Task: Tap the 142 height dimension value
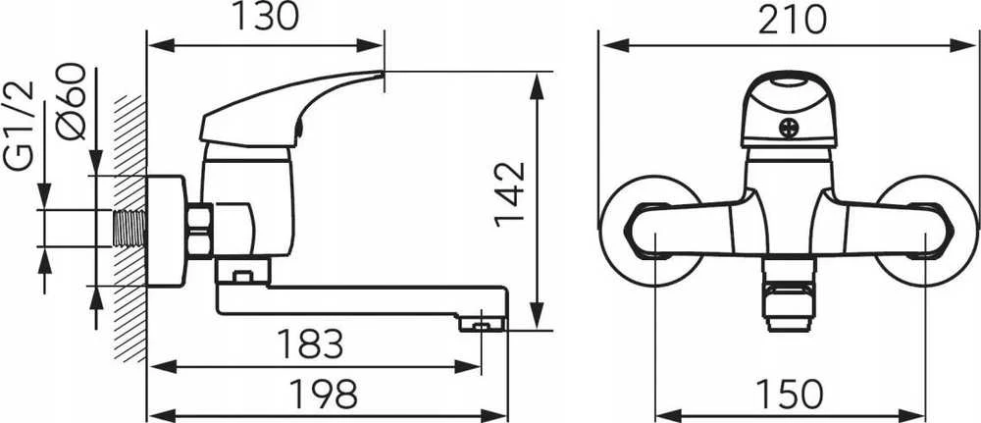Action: pyautogui.click(x=510, y=194)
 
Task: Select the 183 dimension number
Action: pyautogui.click(x=311, y=343)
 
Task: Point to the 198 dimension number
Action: pyautogui.click(x=324, y=394)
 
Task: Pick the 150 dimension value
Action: pyautogui.click(x=790, y=394)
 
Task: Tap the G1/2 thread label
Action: pyautogui.click(x=21, y=126)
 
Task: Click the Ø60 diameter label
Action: pyautogui.click(x=71, y=101)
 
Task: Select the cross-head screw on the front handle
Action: pyautogui.click(x=789, y=129)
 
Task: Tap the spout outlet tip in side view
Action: pyautogui.click(x=482, y=324)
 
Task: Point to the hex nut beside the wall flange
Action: pyautogui.click(x=199, y=231)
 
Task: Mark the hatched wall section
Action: pyautogui.click(x=130, y=229)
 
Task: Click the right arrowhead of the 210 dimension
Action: pyautogui.click(x=963, y=45)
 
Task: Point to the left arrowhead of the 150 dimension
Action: pyautogui.click(x=668, y=414)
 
